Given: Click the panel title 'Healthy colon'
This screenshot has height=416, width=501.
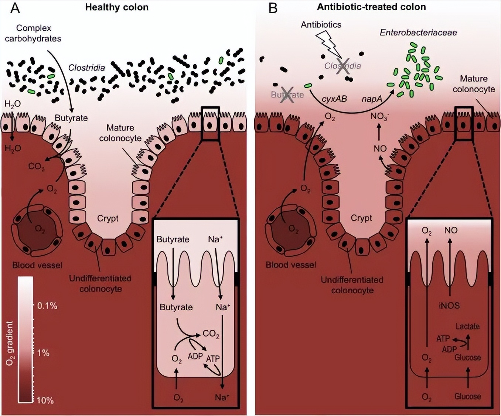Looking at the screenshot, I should [117, 7].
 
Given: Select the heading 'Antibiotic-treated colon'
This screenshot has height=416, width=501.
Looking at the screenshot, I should [371, 7].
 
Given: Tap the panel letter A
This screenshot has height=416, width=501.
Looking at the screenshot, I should [15, 8].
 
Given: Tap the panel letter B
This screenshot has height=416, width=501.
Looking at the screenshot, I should [273, 8].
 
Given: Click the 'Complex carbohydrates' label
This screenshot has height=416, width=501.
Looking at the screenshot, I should [33, 33].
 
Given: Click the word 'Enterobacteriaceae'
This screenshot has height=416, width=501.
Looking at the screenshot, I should [418, 33].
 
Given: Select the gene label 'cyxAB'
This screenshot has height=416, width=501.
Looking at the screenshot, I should [334, 99].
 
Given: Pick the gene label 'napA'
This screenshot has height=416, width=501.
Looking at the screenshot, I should [372, 99].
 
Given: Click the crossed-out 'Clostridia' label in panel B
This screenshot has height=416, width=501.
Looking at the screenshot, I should [342, 66].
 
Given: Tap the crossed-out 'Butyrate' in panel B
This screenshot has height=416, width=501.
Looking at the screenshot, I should [287, 95].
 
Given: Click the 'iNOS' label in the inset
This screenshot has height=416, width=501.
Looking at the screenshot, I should [449, 306].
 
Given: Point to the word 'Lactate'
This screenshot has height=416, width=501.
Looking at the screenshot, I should [467, 326].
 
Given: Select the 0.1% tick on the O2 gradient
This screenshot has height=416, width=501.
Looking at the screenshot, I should [47, 306].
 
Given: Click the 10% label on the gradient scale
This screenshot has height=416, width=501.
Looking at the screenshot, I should [45, 400].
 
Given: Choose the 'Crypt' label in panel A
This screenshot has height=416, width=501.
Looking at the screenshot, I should [108, 218].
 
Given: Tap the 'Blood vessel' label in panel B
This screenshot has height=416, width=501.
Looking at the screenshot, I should [291, 265].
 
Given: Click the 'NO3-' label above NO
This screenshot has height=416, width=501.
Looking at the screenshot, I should [379, 117].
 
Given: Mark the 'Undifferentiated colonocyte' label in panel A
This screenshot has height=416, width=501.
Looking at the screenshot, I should [100, 283].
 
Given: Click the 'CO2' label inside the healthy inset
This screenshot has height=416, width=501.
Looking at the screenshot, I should [211, 334].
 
